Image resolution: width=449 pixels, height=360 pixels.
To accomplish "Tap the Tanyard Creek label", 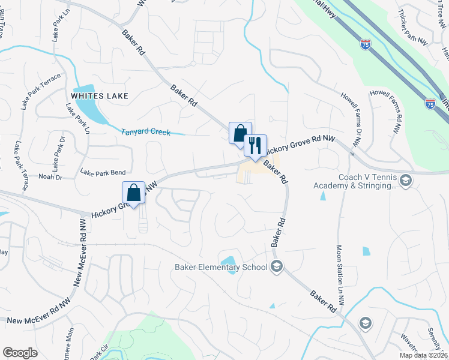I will [x=146, y=132].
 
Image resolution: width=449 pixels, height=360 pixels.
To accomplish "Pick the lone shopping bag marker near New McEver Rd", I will [x=134, y=193].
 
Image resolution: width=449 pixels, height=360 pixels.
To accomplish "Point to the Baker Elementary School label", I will [x=221, y=267].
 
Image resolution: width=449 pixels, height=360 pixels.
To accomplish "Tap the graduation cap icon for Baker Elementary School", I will [x=277, y=266].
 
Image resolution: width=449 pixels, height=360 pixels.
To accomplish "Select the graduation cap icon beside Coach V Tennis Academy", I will [x=406, y=181].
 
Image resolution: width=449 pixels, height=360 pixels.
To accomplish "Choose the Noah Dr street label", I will [x=50, y=177].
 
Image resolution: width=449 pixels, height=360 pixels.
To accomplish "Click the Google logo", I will [x=20, y=352].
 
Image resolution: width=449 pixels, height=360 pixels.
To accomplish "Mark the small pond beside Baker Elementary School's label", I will [x=228, y=261].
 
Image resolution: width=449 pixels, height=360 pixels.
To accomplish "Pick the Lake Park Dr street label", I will [x=58, y=152].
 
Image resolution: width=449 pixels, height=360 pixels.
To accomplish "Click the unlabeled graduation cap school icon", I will [x=364, y=324].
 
